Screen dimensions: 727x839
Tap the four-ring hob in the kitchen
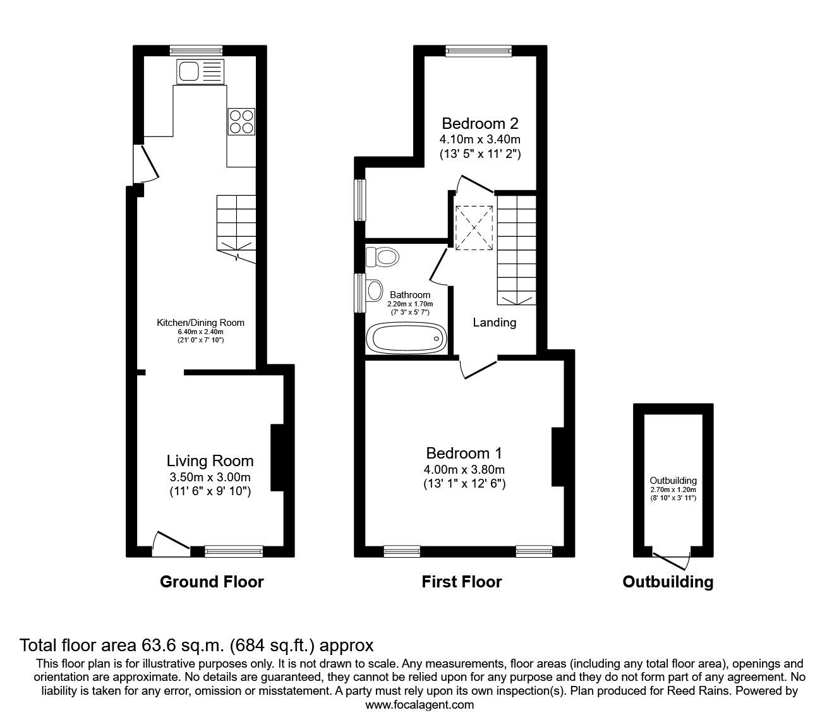[241, 121]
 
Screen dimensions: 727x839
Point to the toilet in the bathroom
[383, 256]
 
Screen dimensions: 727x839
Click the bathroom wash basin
[374, 291]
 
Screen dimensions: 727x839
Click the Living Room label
[210, 461]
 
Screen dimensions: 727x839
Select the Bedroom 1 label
[464, 453]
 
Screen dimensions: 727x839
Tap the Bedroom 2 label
[480, 123]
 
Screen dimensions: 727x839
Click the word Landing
[495, 323]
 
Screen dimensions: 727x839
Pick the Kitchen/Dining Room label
[200, 323]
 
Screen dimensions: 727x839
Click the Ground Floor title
[212, 582]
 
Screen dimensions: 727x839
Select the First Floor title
[461, 582]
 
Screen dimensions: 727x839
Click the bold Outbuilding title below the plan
[668, 582]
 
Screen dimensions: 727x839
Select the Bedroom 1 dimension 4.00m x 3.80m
[464, 469]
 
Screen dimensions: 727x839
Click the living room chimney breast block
[277, 458]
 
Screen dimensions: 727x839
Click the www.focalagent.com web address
[419, 705]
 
